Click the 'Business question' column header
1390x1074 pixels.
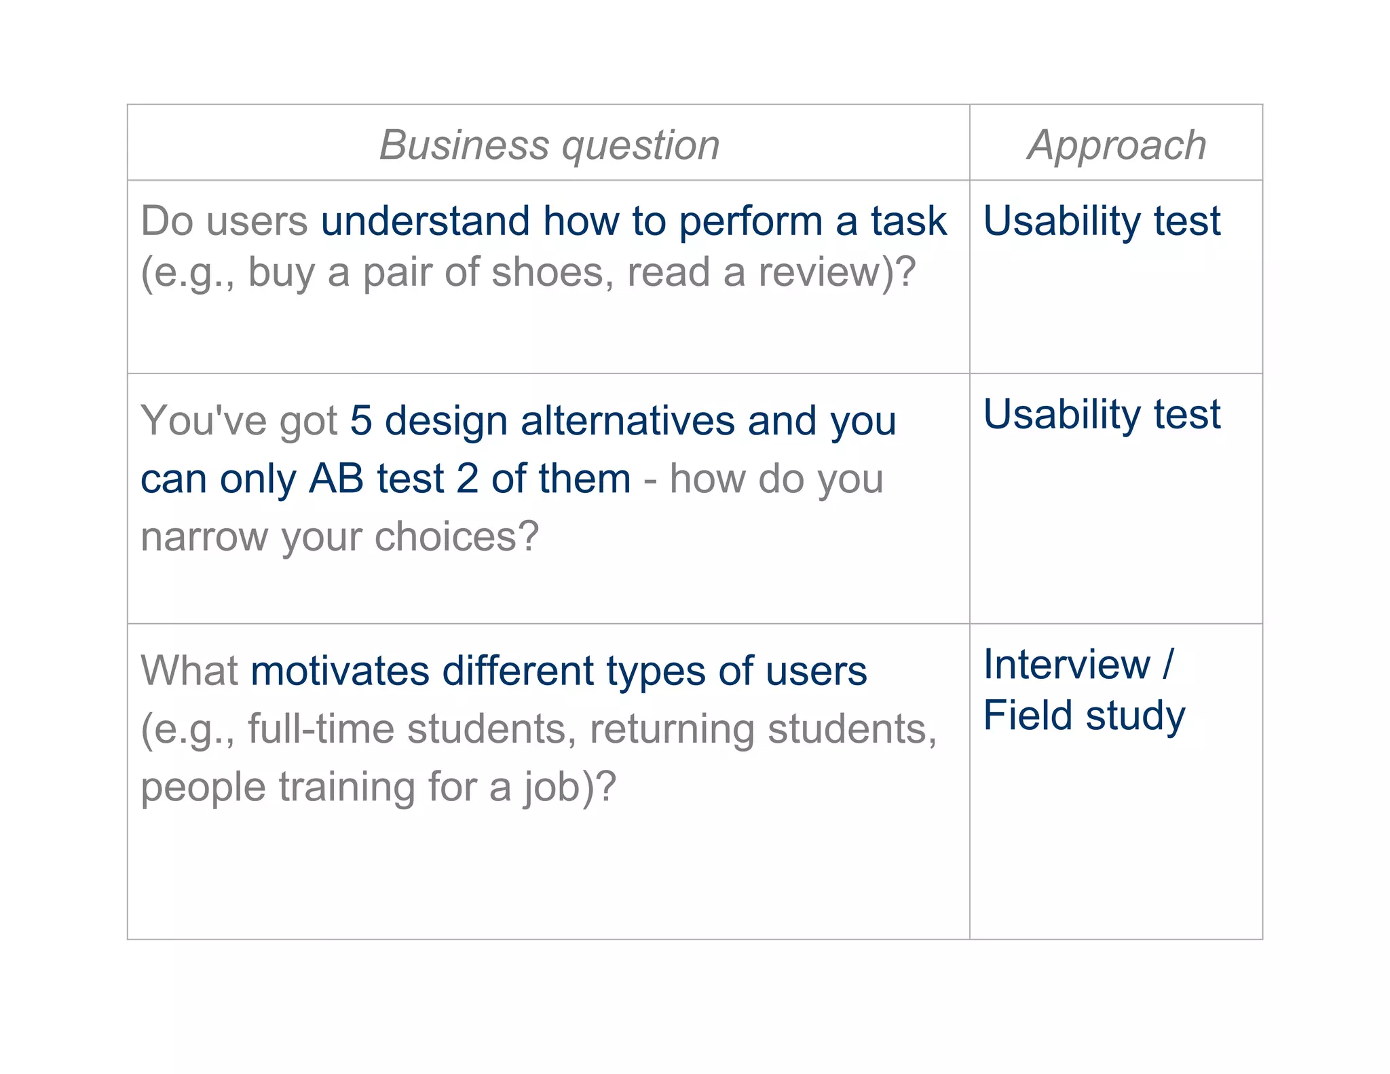[549, 145]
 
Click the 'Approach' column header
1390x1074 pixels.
[1116, 145]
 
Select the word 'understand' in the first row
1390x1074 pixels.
[425, 221]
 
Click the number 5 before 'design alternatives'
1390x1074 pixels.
[361, 420]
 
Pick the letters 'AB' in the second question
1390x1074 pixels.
[337, 479]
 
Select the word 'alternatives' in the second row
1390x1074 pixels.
[628, 420]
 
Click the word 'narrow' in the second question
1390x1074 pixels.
[204, 537]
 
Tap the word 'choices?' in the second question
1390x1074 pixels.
[457, 537]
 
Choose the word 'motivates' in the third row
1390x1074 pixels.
[340, 671]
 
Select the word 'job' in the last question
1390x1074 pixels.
[552, 788]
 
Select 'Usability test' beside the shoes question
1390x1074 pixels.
[1102, 221]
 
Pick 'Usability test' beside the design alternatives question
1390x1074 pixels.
[1102, 414]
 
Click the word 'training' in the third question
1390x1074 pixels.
[347, 788]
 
